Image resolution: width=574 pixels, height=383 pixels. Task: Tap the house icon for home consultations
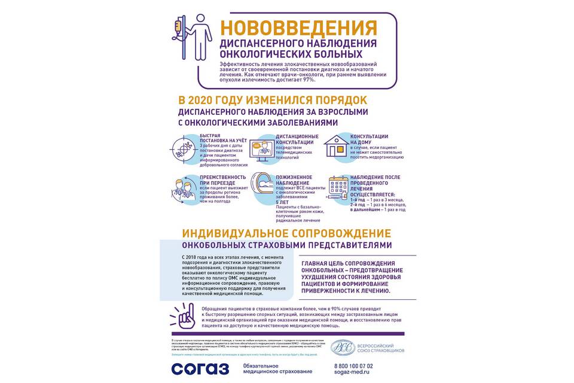(337, 146)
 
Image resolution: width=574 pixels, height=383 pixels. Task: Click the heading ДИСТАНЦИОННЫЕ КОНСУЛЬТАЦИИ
(297, 139)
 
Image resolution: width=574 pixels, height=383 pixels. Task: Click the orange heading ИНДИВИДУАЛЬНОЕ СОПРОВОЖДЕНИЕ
(286, 233)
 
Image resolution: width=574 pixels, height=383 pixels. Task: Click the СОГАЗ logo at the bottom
(200, 368)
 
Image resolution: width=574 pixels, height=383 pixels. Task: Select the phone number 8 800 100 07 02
(353, 365)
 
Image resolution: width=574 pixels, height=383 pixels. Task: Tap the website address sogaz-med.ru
(352, 372)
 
